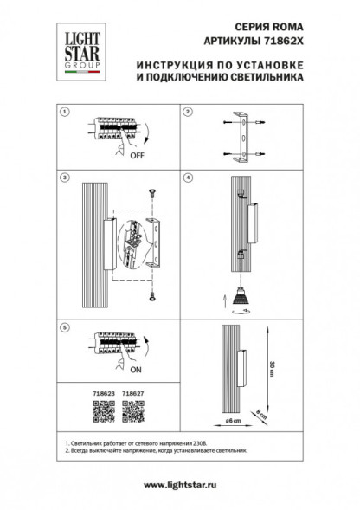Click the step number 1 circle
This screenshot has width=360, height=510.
[x=63, y=112]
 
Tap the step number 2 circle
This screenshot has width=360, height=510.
[x=186, y=112]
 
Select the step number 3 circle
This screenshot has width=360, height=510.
[x=63, y=177]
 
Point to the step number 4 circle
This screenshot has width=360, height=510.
[x=186, y=177]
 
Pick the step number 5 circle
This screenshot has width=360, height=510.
[x=63, y=328]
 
